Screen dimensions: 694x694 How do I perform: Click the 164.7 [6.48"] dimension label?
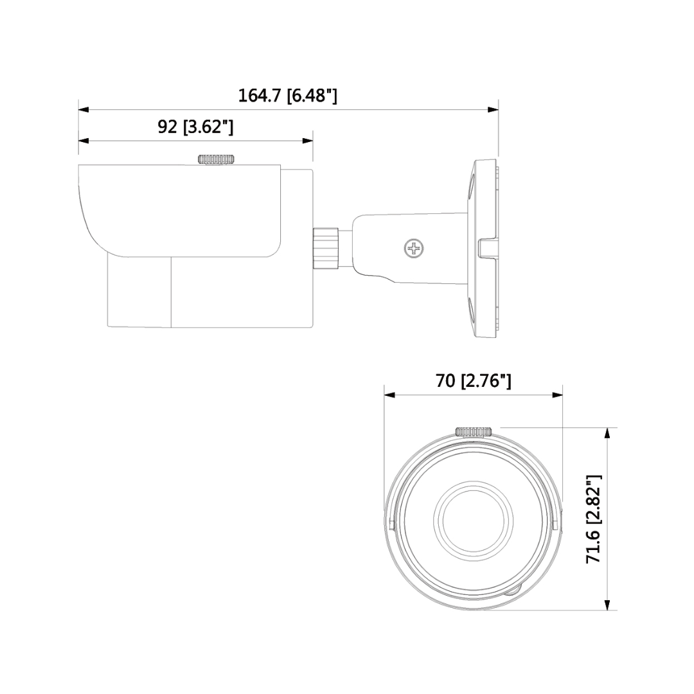pos(287,95)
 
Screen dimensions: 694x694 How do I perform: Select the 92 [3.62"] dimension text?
pos(195,127)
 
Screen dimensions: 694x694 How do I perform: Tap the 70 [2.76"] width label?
pos(474,380)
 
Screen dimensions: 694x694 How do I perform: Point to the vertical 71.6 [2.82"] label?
pos(593,519)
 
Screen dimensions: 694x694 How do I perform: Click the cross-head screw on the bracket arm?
pos(413,247)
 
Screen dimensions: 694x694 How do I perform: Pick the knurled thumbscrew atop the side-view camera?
pos(217,159)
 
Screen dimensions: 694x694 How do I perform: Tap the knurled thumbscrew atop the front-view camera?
pos(474,431)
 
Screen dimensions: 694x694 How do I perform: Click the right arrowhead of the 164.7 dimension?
pos(493,109)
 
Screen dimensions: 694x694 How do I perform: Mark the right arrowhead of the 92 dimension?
pos(308,141)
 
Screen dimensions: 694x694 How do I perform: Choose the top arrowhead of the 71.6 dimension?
pos(607,432)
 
